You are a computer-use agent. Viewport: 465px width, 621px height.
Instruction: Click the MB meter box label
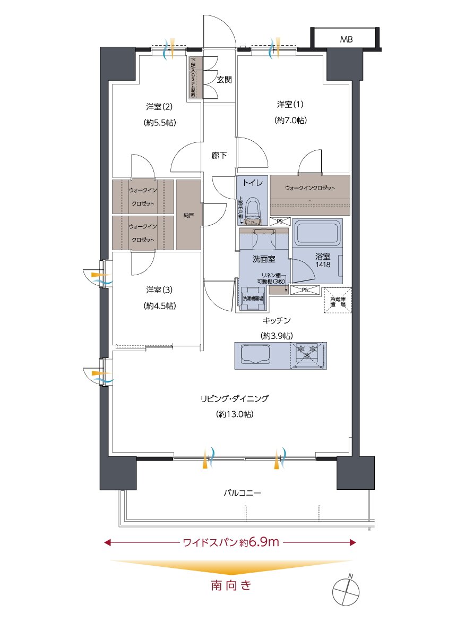tap(346, 39)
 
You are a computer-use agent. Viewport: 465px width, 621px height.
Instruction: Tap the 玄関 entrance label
tap(223, 80)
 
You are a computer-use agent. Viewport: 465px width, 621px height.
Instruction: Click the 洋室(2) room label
tap(159, 106)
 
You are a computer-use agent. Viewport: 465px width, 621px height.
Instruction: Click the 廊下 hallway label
tap(219, 156)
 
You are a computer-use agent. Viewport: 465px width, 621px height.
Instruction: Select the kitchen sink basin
tap(256, 354)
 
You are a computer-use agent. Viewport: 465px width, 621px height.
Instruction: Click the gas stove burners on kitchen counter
tap(308, 351)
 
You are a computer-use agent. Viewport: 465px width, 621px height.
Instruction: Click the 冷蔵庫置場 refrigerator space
tap(337, 301)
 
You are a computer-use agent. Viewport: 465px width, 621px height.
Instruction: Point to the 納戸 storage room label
tap(188, 215)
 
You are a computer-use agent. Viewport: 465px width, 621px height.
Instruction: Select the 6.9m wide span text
tap(261, 542)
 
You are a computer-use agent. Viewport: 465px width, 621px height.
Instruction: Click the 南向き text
tap(230, 586)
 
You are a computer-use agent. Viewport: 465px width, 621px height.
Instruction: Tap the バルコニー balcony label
tap(242, 493)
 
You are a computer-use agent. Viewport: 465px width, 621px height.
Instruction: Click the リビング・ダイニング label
tap(234, 398)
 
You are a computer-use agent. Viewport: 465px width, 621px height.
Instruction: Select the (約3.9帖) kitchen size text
tap(276, 336)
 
